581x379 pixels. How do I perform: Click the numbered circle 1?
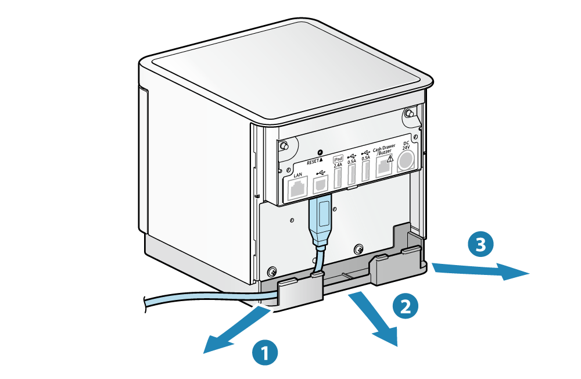click(x=265, y=352)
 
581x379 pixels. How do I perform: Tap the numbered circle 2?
click(x=406, y=306)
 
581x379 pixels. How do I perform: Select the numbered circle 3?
click(x=480, y=245)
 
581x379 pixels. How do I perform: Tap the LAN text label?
click(x=299, y=174)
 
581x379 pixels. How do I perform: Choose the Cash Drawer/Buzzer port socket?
click(x=384, y=169)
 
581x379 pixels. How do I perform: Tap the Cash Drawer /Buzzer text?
click(x=385, y=151)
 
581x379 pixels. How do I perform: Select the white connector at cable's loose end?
click(x=135, y=303)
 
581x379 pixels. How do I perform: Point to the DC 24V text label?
click(x=406, y=144)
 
